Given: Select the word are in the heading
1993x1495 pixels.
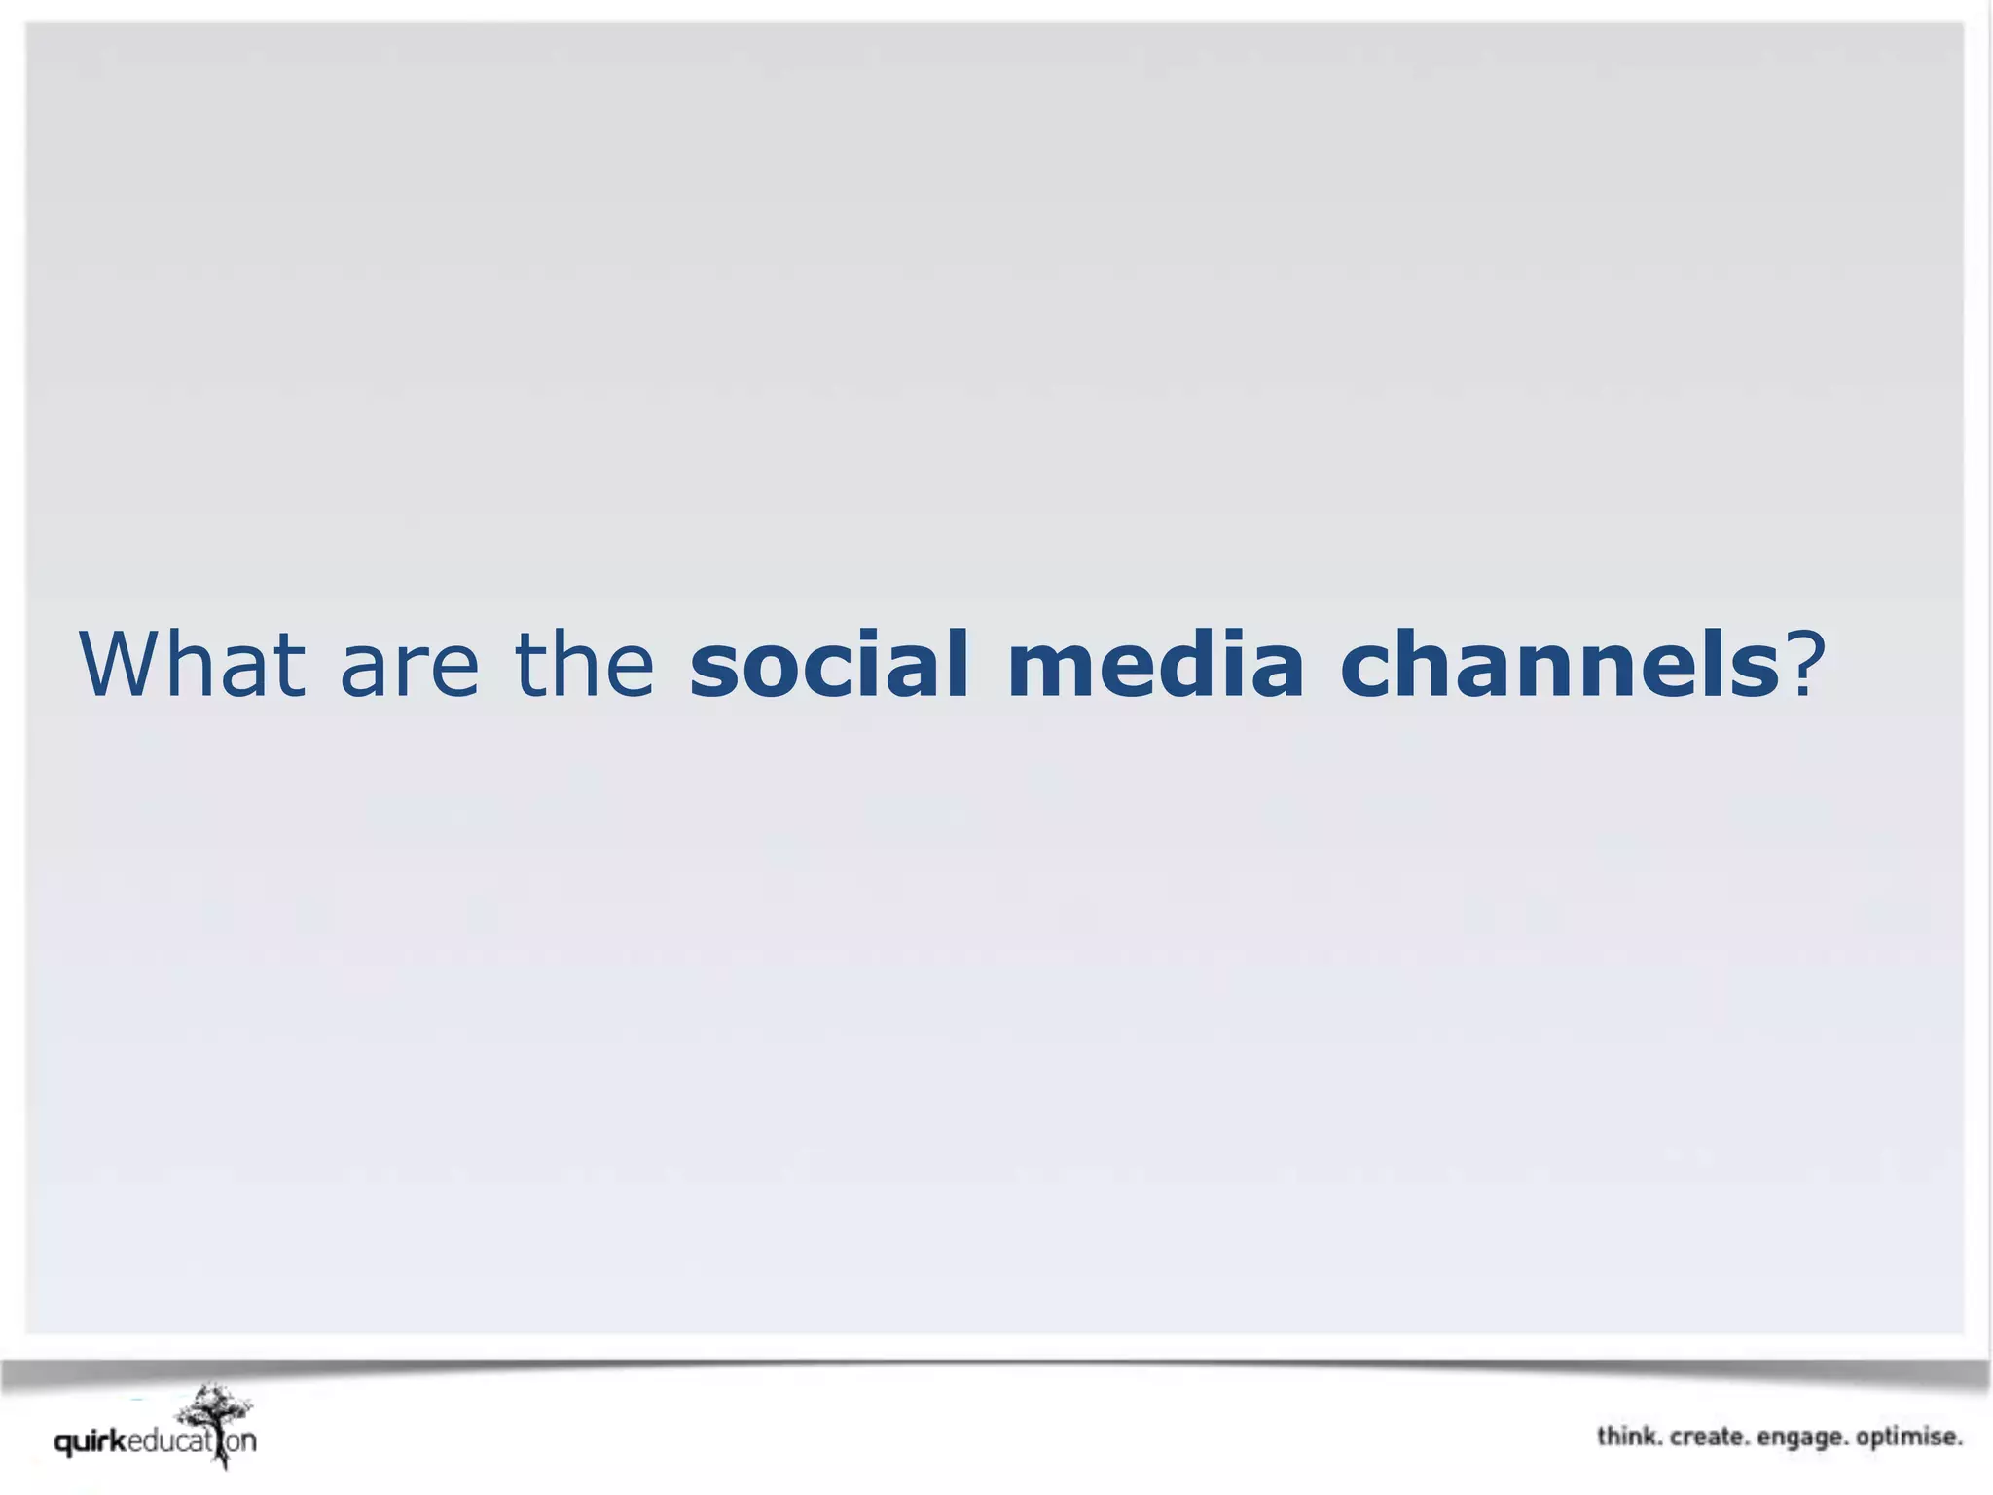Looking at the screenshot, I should point(409,667).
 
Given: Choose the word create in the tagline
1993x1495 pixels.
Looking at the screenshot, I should point(1709,1437).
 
